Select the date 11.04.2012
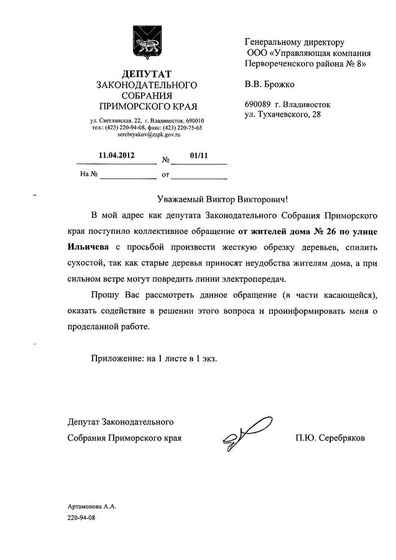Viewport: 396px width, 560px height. click(116, 155)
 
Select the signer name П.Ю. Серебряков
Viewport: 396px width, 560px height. click(331, 439)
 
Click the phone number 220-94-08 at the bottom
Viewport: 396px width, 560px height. click(83, 518)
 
